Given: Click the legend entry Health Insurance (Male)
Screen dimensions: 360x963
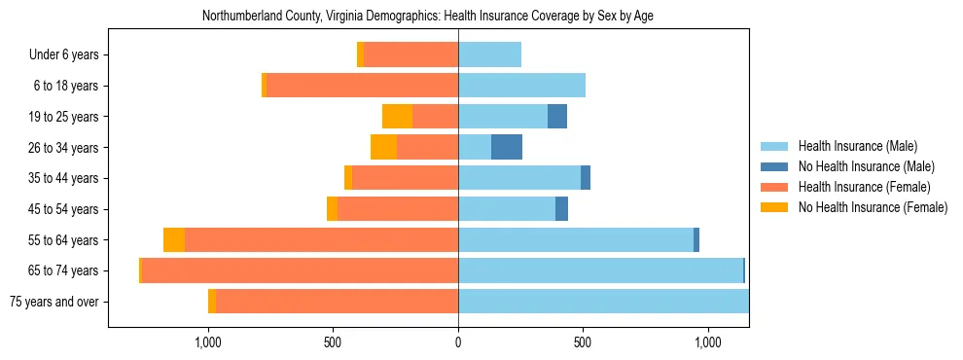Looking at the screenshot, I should click(x=857, y=146).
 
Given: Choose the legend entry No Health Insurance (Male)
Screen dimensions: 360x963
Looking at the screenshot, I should click(x=866, y=166).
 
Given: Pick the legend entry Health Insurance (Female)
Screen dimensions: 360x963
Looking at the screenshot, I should click(x=864, y=187).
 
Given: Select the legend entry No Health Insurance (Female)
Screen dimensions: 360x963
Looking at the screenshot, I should click(x=872, y=207).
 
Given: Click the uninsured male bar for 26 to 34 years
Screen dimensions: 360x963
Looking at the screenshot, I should click(x=507, y=148).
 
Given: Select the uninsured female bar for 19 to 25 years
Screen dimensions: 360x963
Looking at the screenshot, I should click(x=397, y=117).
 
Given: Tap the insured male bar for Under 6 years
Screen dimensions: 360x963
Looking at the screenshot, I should click(x=489, y=55).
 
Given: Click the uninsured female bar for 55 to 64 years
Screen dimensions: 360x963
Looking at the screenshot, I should click(x=174, y=240).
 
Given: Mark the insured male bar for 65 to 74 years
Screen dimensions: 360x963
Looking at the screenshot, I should click(x=600, y=270).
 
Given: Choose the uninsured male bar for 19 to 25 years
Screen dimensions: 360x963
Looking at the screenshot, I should click(x=557, y=117).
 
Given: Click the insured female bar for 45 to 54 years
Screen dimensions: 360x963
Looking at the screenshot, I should click(x=398, y=209).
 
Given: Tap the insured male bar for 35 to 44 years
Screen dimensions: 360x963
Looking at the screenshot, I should click(x=519, y=178).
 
